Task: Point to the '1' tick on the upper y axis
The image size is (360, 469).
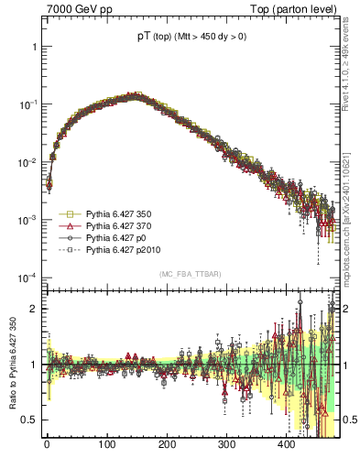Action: [33, 47]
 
